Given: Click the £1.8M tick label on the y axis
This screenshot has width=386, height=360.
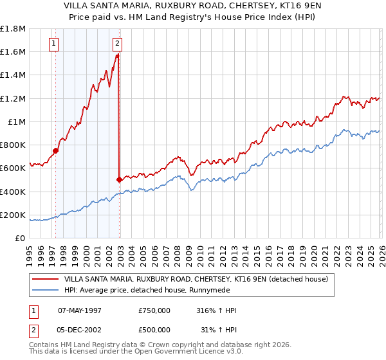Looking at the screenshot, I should click(x=13, y=29).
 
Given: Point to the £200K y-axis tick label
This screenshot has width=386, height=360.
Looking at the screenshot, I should click(x=13, y=215).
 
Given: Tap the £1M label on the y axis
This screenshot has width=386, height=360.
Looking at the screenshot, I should click(x=16, y=122).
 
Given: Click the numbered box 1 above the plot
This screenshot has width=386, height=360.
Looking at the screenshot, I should click(x=53, y=44).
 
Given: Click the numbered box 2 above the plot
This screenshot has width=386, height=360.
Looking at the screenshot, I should click(x=117, y=44).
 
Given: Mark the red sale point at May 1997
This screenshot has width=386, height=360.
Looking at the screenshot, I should click(x=56, y=151).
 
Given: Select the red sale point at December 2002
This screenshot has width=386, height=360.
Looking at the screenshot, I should click(x=120, y=180).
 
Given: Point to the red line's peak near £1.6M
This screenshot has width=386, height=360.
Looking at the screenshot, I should click(x=118, y=55).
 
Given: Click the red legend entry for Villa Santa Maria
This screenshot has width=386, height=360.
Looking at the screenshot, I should click(x=196, y=279).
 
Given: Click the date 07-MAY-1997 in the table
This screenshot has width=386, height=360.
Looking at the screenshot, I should click(x=80, y=310).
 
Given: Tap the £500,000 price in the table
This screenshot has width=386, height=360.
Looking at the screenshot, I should click(x=154, y=330).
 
